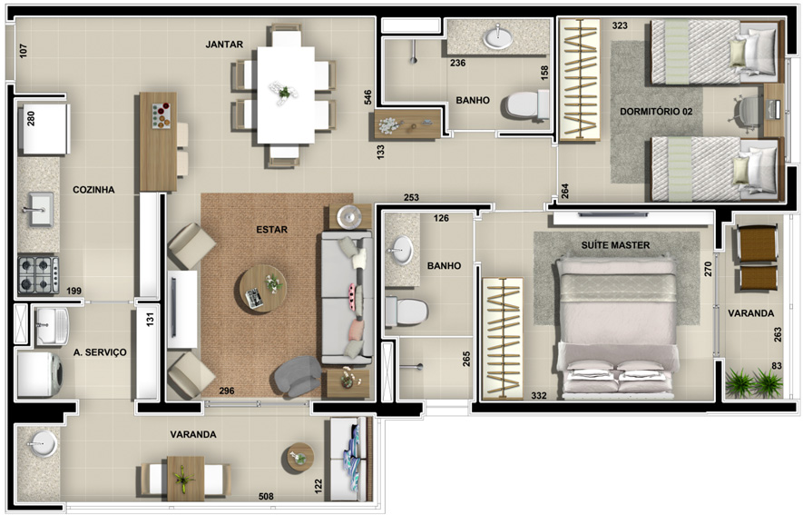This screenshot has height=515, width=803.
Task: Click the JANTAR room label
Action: (x=224, y=45)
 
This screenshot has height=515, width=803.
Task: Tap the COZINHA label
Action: (x=93, y=190)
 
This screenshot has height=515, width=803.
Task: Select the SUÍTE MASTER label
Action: (x=615, y=245)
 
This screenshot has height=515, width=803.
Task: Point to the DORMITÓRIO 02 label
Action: (x=656, y=111)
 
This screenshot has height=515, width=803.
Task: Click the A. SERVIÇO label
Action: (x=100, y=352)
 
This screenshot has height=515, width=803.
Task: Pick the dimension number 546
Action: (x=367, y=97)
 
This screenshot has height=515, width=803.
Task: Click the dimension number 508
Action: (x=266, y=496)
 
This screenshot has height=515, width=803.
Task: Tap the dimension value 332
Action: (x=539, y=395)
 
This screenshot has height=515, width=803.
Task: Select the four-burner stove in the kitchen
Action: (x=38, y=274)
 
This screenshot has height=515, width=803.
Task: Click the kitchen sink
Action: (x=39, y=209)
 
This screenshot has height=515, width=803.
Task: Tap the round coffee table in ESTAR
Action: (x=263, y=289)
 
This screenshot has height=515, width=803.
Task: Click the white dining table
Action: (x=286, y=95)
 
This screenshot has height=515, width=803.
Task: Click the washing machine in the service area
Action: (x=40, y=374)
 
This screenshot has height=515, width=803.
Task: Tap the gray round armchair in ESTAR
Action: (x=297, y=376)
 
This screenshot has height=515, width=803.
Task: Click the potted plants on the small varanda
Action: (x=754, y=382)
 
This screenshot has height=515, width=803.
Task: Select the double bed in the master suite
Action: (x=616, y=328)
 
